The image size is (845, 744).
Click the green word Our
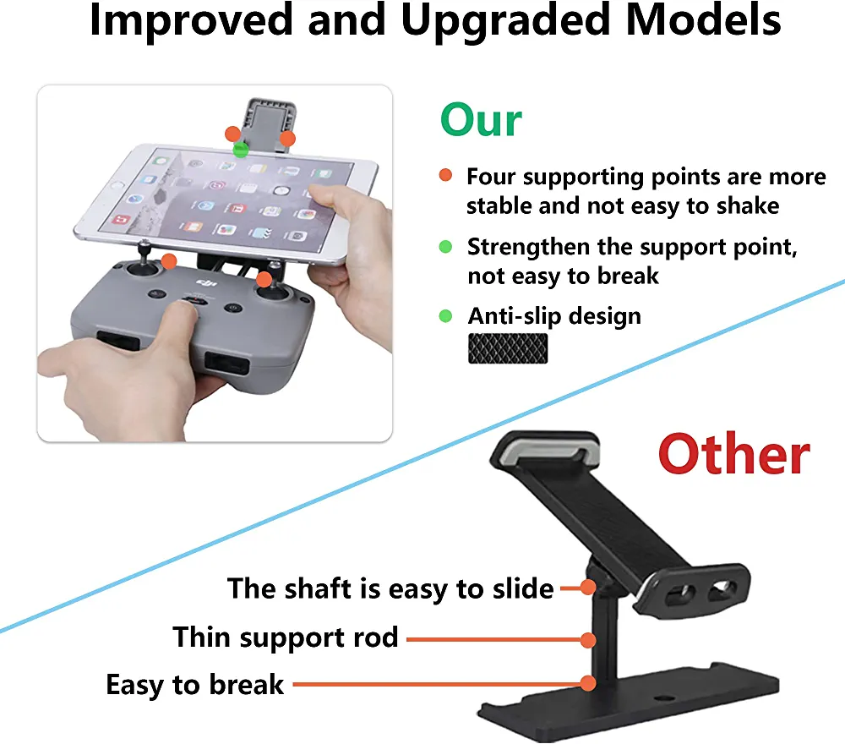coord(481,120)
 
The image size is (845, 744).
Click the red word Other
coord(734,455)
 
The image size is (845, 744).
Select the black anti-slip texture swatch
coord(508,348)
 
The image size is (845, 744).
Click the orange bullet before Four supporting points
coord(445,175)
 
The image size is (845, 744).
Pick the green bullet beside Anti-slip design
coord(445,316)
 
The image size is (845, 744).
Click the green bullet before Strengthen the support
coord(445,246)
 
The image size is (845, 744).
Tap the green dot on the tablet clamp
coord(240,150)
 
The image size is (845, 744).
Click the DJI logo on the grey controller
coord(206,283)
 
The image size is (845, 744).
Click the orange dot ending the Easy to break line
coord(588,684)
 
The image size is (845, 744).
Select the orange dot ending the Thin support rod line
coord(588,640)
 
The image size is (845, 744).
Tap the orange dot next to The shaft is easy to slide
coord(588,587)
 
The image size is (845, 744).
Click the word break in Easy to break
coord(246,684)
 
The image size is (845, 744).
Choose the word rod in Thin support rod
coord(376,637)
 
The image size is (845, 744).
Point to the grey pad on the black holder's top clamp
coord(548,451)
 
